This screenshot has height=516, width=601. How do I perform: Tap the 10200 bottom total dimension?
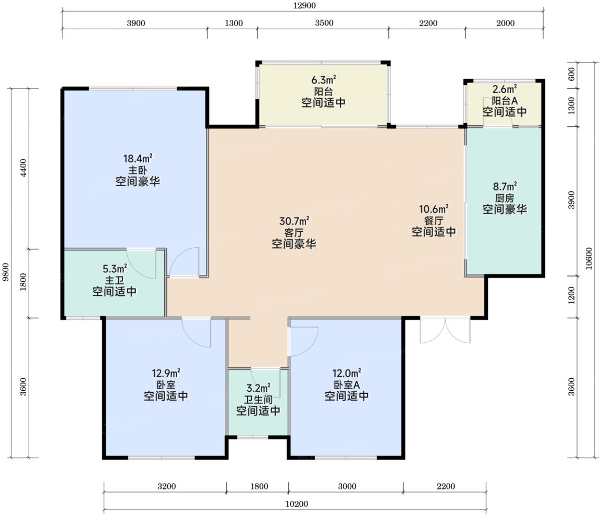click(x=297, y=503)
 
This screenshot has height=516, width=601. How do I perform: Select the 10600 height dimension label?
click(x=589, y=259)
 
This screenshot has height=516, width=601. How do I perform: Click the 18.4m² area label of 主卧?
click(x=138, y=158)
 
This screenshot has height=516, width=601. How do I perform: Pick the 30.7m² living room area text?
click(x=294, y=221)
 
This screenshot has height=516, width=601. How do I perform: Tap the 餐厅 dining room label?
click(x=434, y=221)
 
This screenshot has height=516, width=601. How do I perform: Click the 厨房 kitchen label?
click(x=505, y=198)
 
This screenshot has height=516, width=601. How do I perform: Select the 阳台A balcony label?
click(x=505, y=101)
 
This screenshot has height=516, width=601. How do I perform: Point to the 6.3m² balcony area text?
click(x=324, y=80)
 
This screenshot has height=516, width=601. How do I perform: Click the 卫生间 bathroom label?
click(x=258, y=400)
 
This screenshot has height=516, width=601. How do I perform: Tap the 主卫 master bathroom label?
click(x=114, y=281)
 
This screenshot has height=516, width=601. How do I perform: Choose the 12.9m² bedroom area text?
click(x=166, y=373)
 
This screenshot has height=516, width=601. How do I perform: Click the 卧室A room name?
click(x=347, y=385)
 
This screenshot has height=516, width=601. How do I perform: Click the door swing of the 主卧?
click(x=185, y=262)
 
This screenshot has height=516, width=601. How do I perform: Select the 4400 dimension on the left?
click(x=23, y=167)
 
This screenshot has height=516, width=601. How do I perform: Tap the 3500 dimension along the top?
click(x=324, y=23)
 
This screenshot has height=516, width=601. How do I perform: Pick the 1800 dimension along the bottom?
click(x=259, y=486)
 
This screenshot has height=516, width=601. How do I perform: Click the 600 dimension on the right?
click(x=571, y=74)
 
